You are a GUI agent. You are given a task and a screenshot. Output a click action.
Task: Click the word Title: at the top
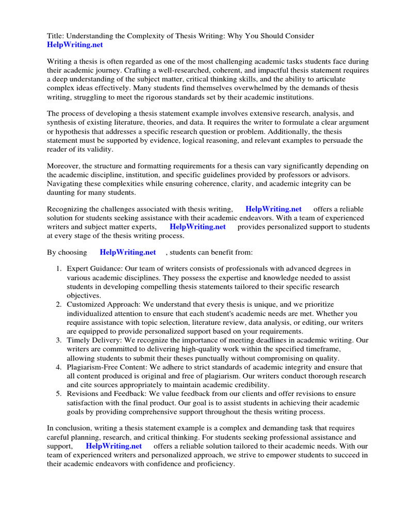[56, 36]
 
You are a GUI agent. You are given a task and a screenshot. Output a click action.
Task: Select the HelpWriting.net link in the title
[75, 45]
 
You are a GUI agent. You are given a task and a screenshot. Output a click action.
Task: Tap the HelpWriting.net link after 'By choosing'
[128, 252]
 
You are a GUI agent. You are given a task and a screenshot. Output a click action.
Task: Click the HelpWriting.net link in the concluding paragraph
[113, 445]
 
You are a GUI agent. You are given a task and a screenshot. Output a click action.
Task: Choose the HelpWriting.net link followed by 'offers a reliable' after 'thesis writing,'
[273, 209]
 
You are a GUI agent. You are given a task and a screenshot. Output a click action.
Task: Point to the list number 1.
[58, 268]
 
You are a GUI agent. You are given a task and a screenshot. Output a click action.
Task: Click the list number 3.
[58, 340]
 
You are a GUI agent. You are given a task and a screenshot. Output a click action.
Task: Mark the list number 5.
[58, 393]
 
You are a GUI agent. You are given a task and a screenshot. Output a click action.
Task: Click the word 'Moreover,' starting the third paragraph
[64, 166]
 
